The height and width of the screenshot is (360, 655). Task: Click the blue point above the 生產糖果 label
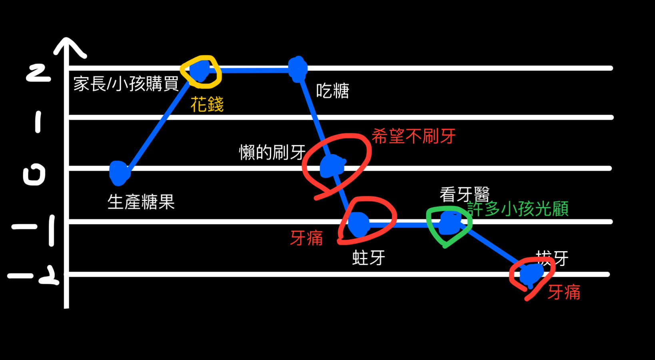[119, 173]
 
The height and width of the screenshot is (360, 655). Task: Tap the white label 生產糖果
[141, 202]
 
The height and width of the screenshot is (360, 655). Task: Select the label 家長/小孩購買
[126, 84]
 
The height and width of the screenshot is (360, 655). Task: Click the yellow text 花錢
[207, 104]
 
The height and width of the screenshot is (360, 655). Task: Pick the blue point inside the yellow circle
[200, 70]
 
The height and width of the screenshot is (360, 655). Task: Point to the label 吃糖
[332, 91]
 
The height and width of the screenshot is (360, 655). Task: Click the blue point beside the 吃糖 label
[298, 69]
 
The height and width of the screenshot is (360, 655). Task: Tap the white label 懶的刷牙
[272, 152]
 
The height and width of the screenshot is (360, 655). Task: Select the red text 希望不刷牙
[413, 136]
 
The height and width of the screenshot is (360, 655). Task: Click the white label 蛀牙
[368, 258]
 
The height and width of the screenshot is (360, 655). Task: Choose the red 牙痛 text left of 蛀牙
[306, 238]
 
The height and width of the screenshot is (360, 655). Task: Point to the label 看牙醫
[464, 195]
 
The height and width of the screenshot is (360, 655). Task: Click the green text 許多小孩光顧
[518, 209]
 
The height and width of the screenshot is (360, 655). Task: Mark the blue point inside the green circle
[449, 223]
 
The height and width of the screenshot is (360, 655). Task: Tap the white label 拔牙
[552, 258]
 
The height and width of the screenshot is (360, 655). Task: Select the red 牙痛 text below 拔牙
[564, 292]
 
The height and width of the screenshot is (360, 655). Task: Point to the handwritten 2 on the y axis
[38, 73]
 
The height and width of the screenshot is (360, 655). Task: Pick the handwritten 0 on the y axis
[34, 175]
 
